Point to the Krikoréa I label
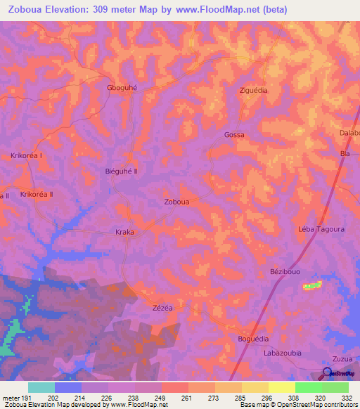[27, 155]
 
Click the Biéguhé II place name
[121, 171]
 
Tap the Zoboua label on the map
[176, 201]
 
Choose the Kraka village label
[124, 232]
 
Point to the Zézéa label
[162, 308]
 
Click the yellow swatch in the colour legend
[281, 387]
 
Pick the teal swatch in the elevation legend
[41, 387]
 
